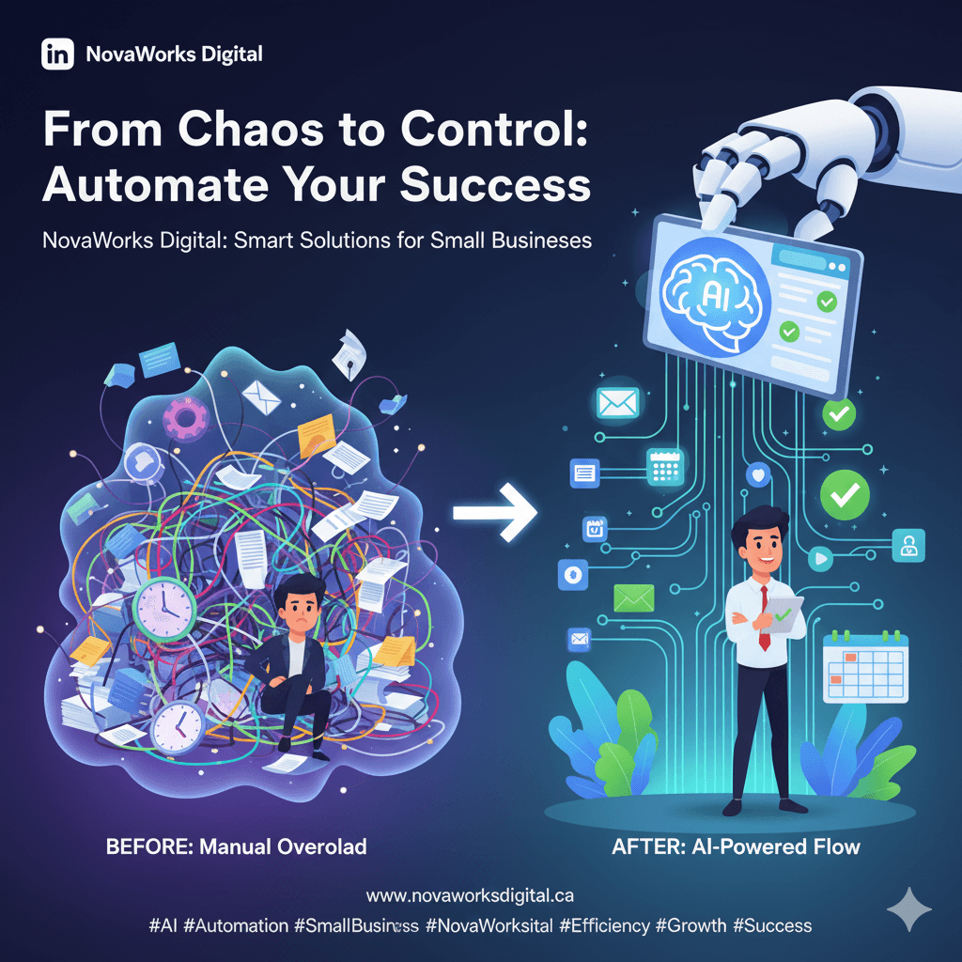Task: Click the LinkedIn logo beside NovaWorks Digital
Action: coord(57,54)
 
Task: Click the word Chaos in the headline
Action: coord(243,132)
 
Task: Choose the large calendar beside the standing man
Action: coord(865,667)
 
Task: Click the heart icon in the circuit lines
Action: coord(757,475)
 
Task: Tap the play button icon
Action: coord(820,558)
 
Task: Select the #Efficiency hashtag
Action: coord(604,925)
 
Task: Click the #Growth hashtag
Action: coord(690,925)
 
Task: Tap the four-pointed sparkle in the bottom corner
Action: coord(909,908)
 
